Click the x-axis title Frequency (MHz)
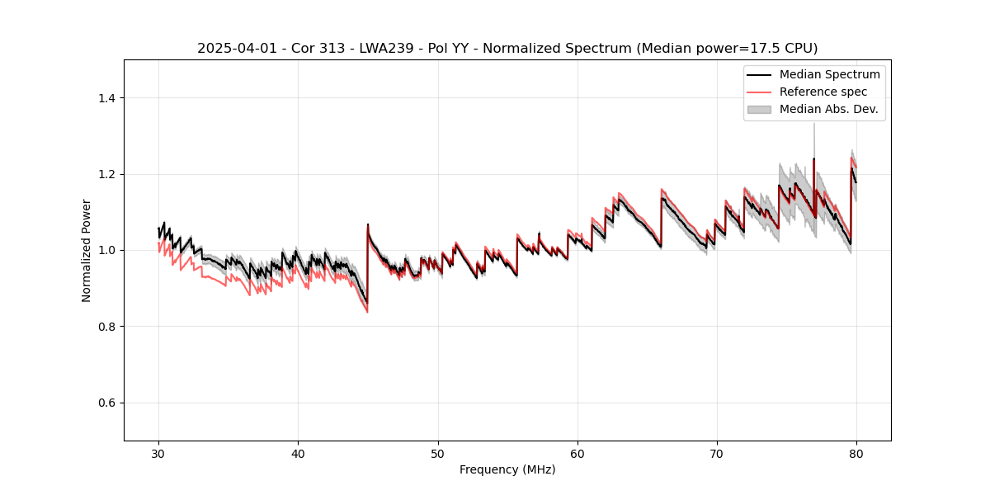(x=507, y=469)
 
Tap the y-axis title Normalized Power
(x=87, y=250)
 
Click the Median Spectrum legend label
(x=829, y=74)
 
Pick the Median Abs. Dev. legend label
(x=828, y=109)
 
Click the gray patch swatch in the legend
(x=759, y=109)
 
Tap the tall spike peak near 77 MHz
(x=814, y=124)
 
